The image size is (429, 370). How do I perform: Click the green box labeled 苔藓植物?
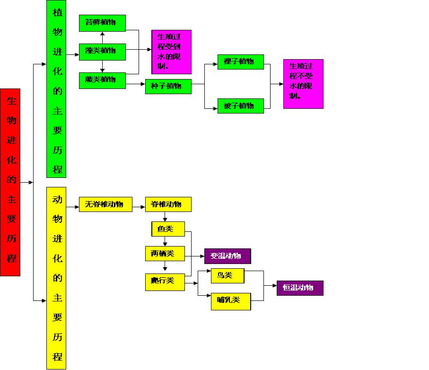[x=102, y=23]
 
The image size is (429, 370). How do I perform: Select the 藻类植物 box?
[x=102, y=52]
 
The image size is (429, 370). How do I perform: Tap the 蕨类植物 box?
[x=102, y=80]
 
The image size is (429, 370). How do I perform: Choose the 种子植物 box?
[x=168, y=87]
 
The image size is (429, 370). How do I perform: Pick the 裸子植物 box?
[x=240, y=62]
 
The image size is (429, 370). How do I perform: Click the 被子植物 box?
[x=240, y=106]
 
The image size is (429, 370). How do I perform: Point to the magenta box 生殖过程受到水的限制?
[x=171, y=52]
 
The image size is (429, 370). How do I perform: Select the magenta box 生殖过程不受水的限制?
[x=303, y=84]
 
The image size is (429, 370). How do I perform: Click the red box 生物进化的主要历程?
[x=10, y=182]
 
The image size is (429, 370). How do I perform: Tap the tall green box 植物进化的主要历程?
[x=56, y=89]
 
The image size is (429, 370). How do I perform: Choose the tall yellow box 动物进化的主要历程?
[x=56, y=278]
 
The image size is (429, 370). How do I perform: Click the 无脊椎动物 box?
[x=105, y=204]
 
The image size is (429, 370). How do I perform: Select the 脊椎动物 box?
[x=168, y=204]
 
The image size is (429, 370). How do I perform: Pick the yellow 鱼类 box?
[x=168, y=229]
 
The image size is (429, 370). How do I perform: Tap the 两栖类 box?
[x=165, y=254]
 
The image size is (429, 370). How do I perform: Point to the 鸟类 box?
[x=228, y=276]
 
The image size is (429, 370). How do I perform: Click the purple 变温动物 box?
[x=228, y=256]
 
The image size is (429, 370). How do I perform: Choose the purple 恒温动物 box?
[x=300, y=288]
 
